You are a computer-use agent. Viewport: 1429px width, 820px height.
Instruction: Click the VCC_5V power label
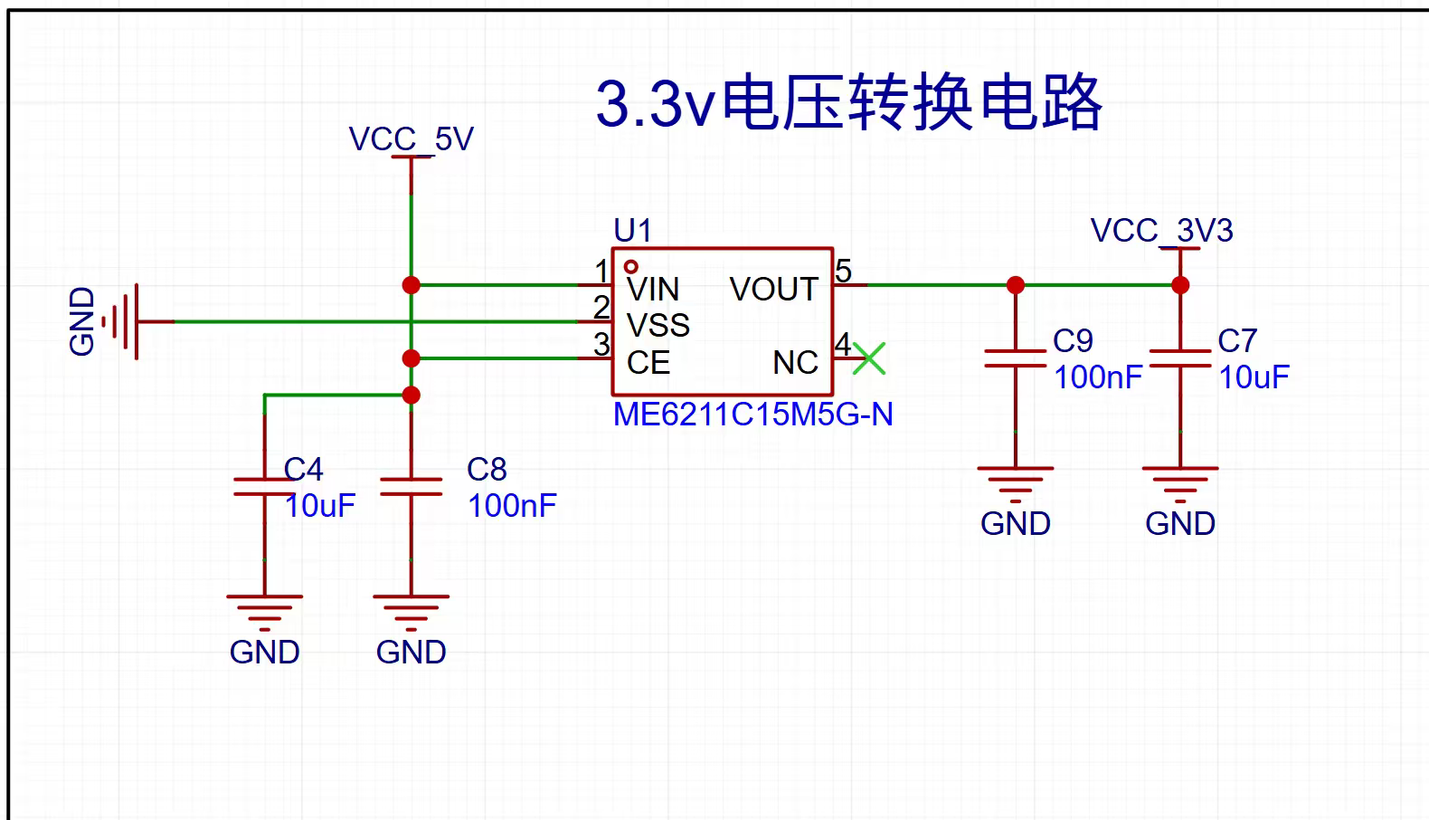coord(411,139)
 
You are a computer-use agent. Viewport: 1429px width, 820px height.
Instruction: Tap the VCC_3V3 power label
coord(1161,231)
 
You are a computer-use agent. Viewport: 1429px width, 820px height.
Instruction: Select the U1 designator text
coord(632,230)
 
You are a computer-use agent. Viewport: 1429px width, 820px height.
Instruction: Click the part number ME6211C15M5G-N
coord(752,415)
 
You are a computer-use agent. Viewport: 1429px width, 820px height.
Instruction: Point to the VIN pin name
coord(653,290)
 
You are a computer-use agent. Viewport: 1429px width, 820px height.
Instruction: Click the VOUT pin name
coord(774,290)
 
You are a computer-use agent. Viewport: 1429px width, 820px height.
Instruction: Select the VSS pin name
coord(658,326)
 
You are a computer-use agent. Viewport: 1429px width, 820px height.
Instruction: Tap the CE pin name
coord(648,363)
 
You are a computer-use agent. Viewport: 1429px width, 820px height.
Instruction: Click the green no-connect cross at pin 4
coord(869,358)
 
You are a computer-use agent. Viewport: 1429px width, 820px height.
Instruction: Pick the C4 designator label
coord(303,470)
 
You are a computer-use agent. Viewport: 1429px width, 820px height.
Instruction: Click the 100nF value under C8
coord(512,506)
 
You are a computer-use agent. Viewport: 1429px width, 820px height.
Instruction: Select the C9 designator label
coord(1073,341)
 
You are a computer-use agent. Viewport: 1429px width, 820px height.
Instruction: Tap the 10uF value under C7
coord(1254,377)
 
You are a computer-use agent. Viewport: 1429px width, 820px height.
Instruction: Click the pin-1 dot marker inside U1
coord(631,266)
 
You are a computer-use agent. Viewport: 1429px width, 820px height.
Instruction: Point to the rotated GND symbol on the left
coord(120,322)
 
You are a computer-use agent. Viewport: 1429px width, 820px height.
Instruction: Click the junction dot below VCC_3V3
coord(1180,285)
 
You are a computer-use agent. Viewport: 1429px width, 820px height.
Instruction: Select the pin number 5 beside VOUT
coord(843,271)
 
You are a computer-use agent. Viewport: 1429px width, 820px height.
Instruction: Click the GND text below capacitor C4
coord(265,652)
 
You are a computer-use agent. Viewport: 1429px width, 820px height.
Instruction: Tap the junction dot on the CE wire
coord(412,358)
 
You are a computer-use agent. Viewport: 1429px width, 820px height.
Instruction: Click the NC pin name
coord(796,363)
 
